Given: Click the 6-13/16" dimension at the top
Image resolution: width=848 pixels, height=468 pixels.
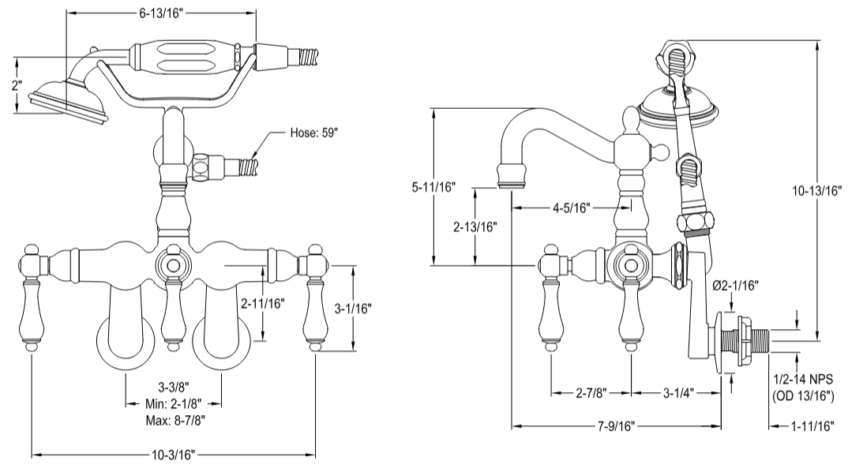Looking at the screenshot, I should (161, 13).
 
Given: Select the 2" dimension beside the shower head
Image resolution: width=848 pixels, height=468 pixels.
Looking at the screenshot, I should (17, 85).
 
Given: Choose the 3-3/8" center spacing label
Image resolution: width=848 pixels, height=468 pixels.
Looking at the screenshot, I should (174, 387).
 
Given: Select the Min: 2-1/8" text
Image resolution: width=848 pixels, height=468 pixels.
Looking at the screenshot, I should (174, 402).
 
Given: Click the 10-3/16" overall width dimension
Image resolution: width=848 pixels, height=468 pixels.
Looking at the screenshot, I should (173, 455).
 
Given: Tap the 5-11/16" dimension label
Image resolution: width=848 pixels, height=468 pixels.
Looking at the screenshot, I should (434, 188).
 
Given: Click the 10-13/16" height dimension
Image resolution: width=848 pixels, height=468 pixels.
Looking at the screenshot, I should (817, 189).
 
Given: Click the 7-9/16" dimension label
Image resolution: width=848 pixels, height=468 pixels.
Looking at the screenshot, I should (617, 427).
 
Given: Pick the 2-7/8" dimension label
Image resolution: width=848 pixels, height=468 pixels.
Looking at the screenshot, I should (591, 392).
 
